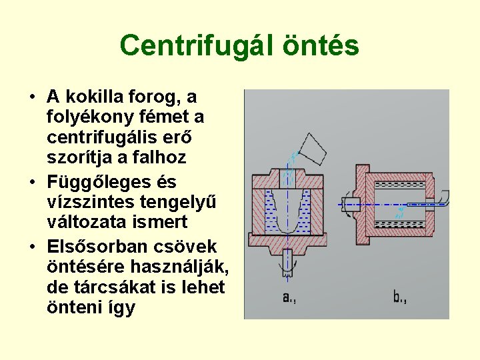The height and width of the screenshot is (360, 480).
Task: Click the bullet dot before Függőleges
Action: (32, 182)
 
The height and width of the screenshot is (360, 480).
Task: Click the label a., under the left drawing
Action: (289, 297)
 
